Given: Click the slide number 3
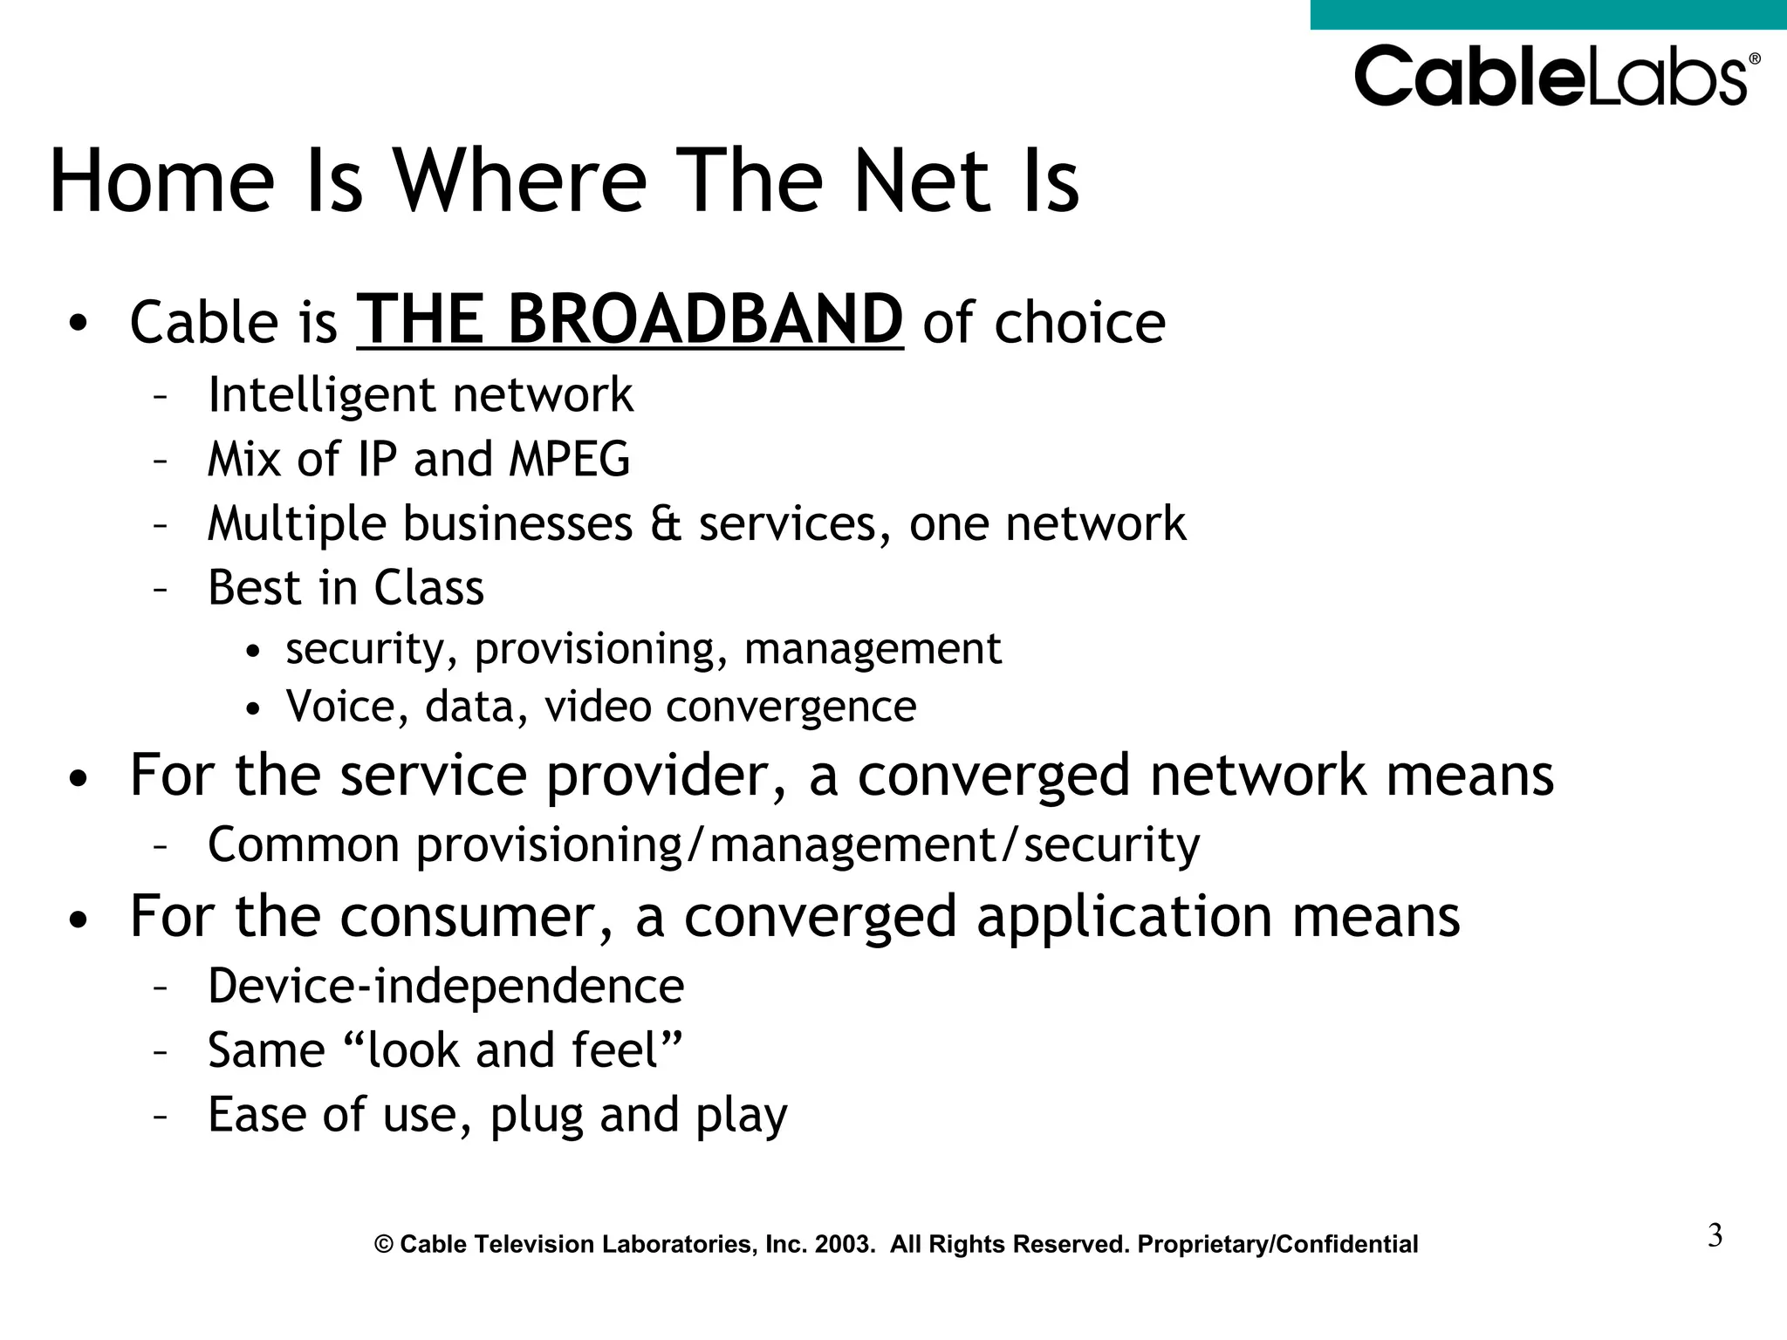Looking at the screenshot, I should pos(1715,1236).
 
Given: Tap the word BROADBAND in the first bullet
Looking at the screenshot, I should pos(705,320).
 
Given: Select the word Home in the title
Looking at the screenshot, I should pos(162,181).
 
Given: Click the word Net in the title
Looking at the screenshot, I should pos(921,181).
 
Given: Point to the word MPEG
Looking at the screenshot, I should pos(569,459).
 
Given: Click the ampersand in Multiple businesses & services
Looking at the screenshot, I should pos(666,524).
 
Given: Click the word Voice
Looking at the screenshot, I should pos(339,706).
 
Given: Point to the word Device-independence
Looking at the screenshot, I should pos(446,987).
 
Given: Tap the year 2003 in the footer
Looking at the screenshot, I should pos(844,1244).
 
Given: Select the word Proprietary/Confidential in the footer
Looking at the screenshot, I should pos(1277,1244).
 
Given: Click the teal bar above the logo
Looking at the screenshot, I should pos(1548,14).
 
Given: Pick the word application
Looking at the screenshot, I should pos(1124,917).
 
